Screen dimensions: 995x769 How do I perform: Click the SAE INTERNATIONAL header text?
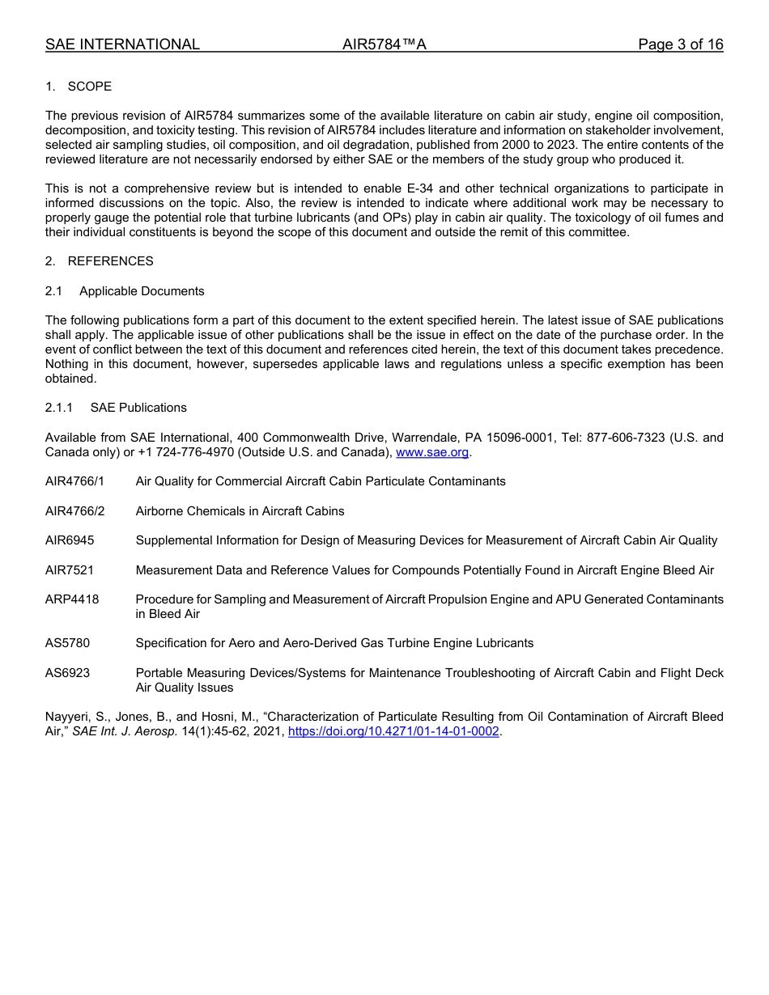point(122,44)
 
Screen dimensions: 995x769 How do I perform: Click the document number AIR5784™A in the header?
point(384,44)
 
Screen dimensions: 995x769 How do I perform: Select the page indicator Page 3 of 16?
point(680,44)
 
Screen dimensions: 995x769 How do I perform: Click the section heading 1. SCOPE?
point(79,87)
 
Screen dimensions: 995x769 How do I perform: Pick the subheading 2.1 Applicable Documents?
point(125,291)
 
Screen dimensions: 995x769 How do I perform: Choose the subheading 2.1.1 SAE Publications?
point(116,408)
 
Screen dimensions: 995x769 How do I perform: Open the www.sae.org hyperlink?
point(432,452)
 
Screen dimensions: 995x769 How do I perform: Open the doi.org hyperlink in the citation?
point(393,731)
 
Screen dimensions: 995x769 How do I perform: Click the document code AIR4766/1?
point(75,481)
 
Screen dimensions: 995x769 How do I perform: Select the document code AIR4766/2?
point(75,511)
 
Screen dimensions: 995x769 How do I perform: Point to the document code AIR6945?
point(70,540)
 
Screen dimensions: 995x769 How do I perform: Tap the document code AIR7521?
point(70,570)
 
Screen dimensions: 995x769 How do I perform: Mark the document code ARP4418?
point(72,599)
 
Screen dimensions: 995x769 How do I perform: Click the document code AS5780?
point(68,643)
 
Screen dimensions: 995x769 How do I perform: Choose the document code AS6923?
point(68,673)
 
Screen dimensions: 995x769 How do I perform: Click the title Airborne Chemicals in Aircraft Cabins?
point(240,511)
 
